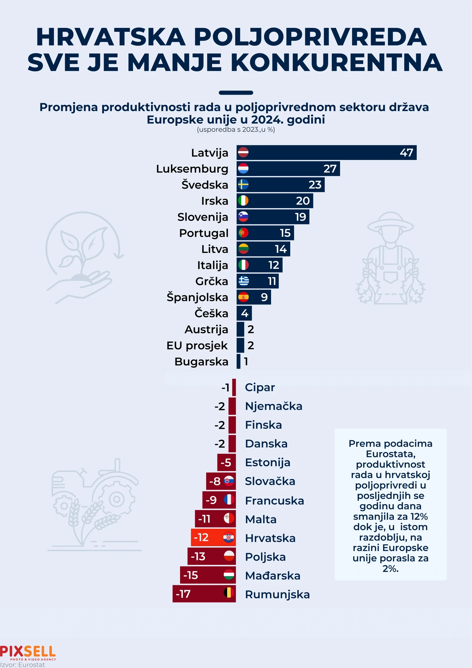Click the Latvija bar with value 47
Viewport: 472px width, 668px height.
point(326,152)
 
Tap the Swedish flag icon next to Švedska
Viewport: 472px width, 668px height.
point(243,185)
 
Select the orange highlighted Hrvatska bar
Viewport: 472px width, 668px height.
point(213,537)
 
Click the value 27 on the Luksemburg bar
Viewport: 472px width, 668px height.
point(330,169)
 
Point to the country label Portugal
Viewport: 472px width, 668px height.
point(204,233)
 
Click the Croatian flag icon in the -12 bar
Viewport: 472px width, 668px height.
point(229,537)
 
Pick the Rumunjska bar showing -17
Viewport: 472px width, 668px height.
point(204,594)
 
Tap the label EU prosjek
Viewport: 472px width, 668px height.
point(197,345)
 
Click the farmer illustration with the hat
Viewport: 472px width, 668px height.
point(391,258)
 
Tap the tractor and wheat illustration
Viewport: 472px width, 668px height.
point(94,506)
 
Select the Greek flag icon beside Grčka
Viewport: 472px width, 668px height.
point(243,281)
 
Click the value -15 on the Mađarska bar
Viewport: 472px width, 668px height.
point(191,575)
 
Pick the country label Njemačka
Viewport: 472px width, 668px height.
point(273,406)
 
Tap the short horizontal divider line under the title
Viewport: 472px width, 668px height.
point(236,93)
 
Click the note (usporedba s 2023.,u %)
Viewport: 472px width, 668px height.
point(236,130)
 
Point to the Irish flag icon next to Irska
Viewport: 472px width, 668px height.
point(243,201)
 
